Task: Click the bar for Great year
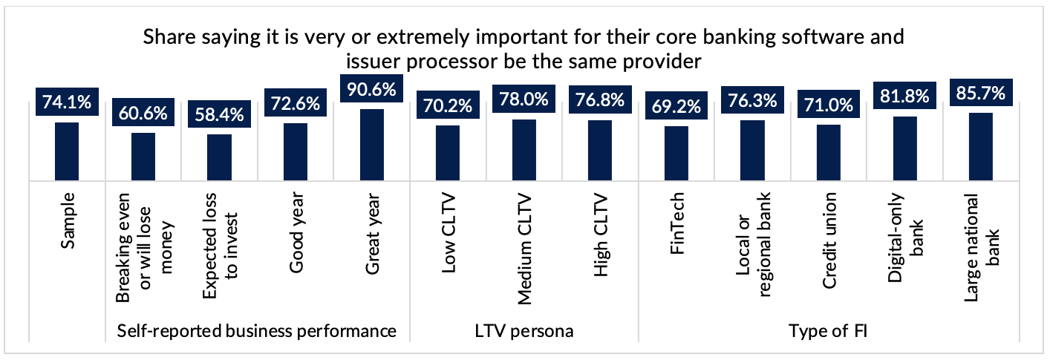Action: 371,145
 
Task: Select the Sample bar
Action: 67,151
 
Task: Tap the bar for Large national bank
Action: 981,146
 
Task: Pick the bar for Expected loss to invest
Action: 219,157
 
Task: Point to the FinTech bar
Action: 676,153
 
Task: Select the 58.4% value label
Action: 219,116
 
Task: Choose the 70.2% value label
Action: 447,107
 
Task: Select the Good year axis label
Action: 296,233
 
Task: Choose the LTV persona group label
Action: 524,331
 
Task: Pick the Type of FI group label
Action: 829,331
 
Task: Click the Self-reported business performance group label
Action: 257,331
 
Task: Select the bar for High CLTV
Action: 599,150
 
